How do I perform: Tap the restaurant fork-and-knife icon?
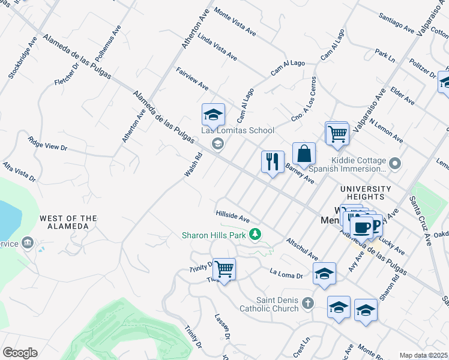pos(273,161)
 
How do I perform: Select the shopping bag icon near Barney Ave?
pos(304,154)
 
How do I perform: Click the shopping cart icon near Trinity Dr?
pos(224,269)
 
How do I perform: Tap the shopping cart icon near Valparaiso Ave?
pos(337,133)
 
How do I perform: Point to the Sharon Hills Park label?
pos(215,235)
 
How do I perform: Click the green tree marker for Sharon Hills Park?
pos(256,233)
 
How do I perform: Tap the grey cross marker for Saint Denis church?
pos(308,303)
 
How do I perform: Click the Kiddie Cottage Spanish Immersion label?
pos(358,166)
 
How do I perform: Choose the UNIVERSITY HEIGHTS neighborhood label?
pos(366,193)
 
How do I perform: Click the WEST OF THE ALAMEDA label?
pos(68,222)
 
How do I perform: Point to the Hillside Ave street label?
pos(232,215)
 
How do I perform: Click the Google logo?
pos(20,353)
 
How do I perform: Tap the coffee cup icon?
pos(361,227)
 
